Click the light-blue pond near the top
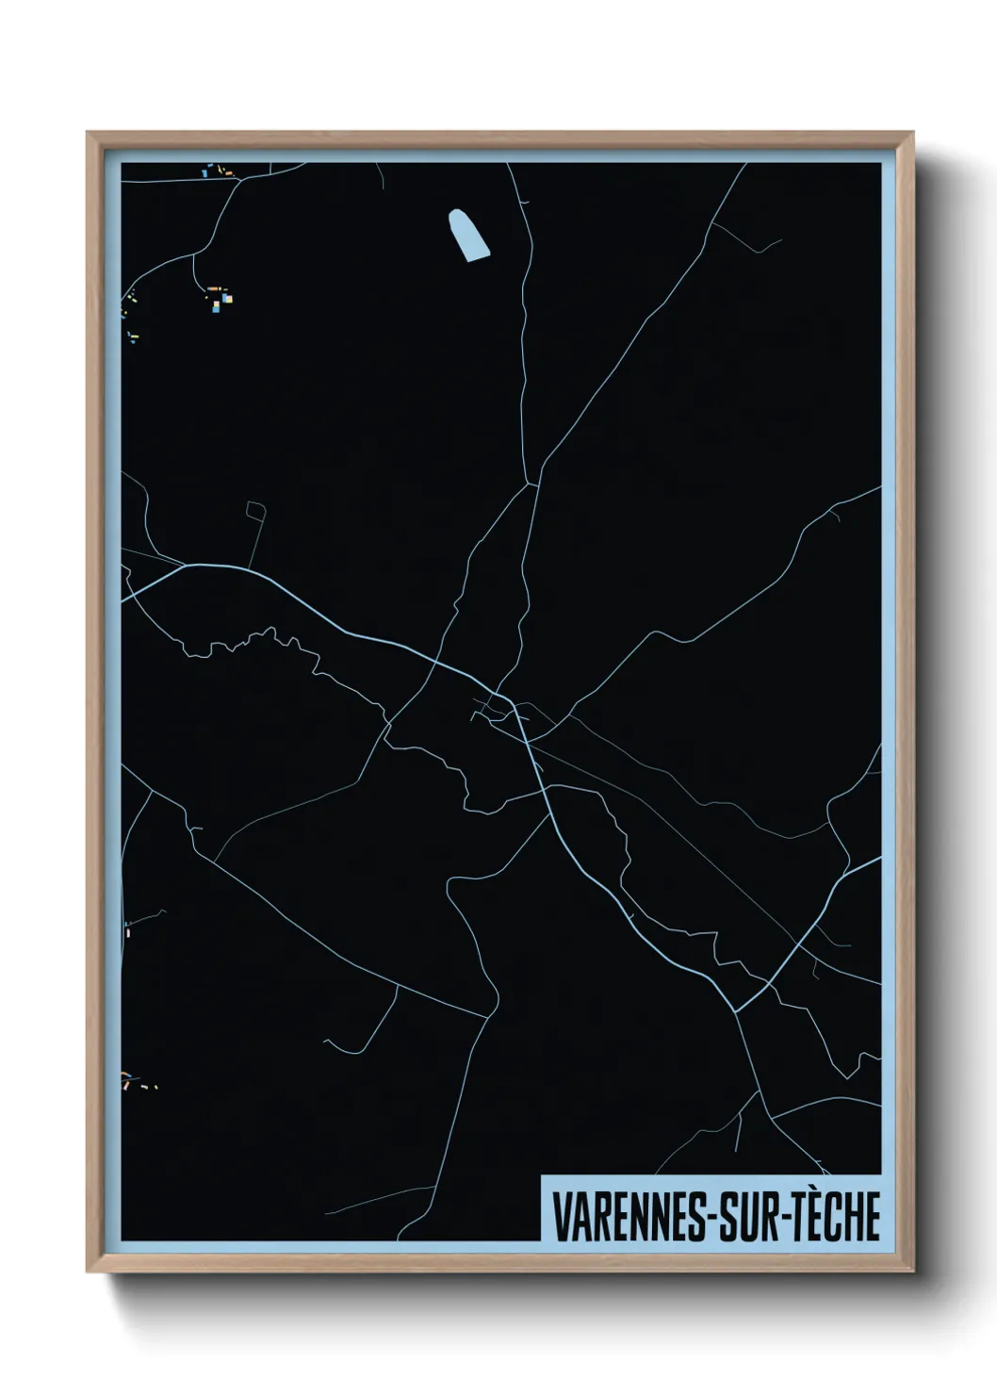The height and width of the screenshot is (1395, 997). pos(469,235)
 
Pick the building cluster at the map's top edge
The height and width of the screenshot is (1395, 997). pos(213,171)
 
